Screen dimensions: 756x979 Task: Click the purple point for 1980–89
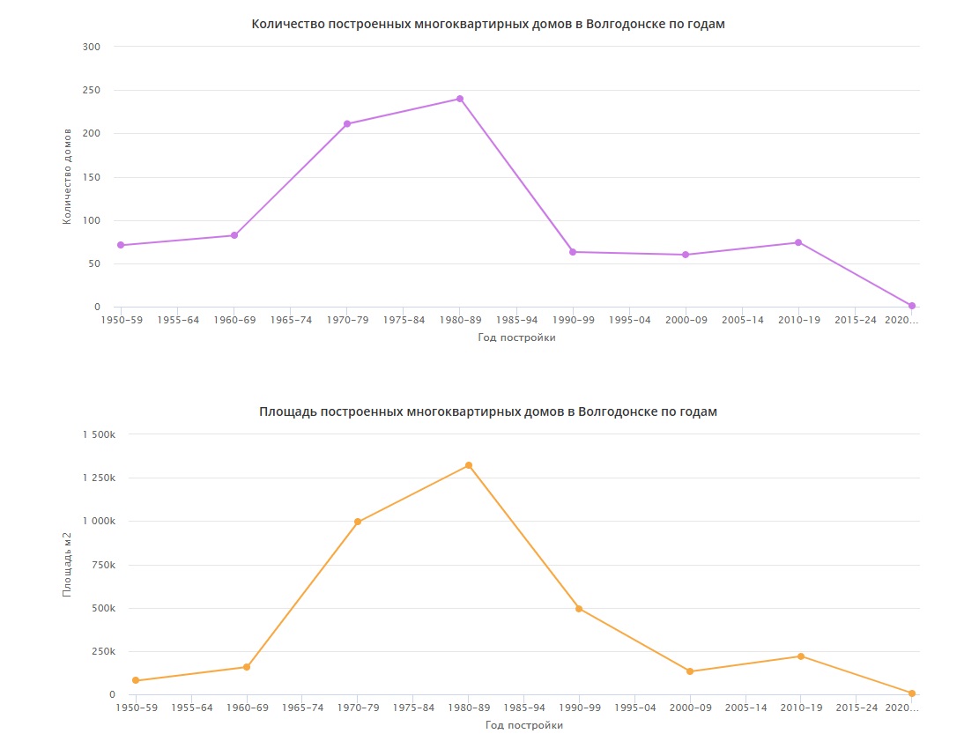pos(460,99)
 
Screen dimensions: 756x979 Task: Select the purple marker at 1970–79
pos(347,124)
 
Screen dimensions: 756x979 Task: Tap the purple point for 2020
pos(912,306)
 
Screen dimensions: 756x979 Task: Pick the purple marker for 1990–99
pos(573,252)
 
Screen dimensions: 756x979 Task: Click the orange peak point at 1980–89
pos(469,465)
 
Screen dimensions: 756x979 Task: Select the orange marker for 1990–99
pos(579,609)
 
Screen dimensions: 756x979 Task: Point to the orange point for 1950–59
pos(136,680)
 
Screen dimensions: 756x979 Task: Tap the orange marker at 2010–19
pos(801,656)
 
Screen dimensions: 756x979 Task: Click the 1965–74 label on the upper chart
pos(291,320)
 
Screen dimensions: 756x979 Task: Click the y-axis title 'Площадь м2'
pos(67,565)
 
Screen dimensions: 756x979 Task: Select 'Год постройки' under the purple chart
pos(516,337)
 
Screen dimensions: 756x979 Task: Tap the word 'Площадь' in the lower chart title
pos(286,411)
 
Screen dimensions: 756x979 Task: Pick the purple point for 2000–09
pos(686,255)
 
